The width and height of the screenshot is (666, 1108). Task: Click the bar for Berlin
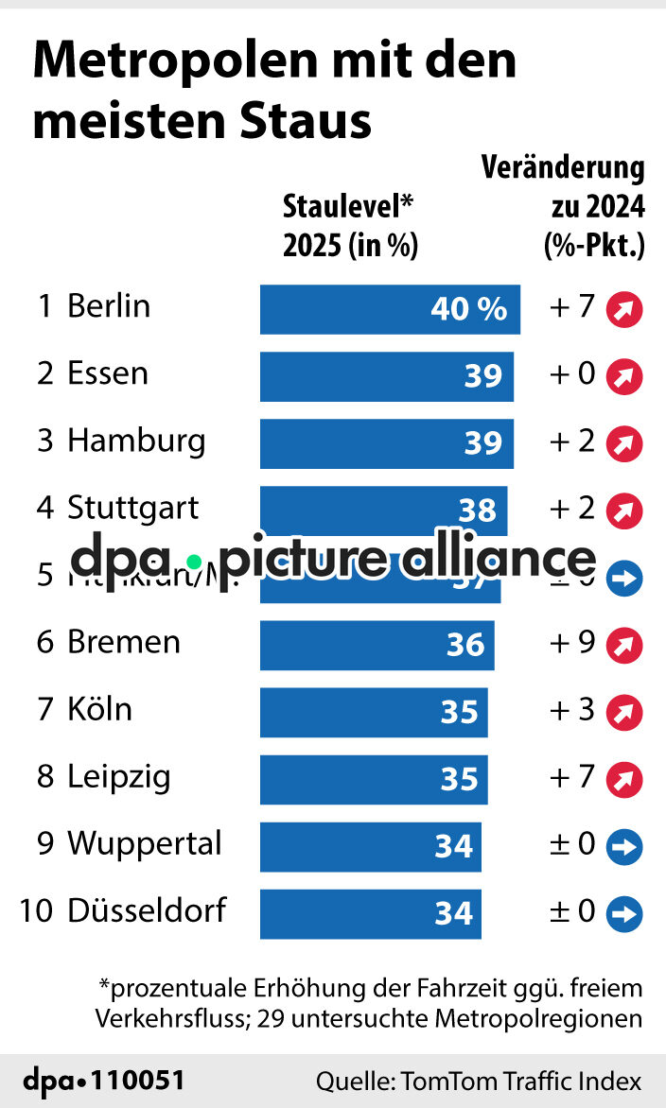tap(390, 309)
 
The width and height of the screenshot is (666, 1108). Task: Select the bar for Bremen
tap(377, 645)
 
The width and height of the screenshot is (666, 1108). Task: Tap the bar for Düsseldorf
tap(370, 913)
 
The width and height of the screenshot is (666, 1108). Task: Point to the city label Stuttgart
tap(132, 508)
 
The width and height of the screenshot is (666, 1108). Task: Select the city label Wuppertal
tap(144, 843)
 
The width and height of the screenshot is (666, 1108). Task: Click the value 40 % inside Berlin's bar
tap(469, 309)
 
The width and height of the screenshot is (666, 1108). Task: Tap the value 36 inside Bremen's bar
tap(465, 645)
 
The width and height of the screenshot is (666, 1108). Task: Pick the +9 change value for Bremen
tap(571, 643)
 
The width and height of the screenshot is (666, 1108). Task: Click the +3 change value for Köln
tap(571, 710)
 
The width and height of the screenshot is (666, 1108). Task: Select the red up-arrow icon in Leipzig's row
tap(624, 779)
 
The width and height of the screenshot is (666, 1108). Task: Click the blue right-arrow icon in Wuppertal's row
tap(624, 846)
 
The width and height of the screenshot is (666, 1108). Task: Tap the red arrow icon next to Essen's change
tap(624, 376)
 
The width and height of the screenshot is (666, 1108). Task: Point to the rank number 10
tap(36, 911)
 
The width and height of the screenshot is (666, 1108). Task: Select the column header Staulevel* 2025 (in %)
tap(350, 226)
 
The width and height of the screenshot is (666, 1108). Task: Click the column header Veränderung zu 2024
tap(564, 207)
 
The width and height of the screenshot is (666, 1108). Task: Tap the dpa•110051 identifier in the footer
tap(104, 1081)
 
